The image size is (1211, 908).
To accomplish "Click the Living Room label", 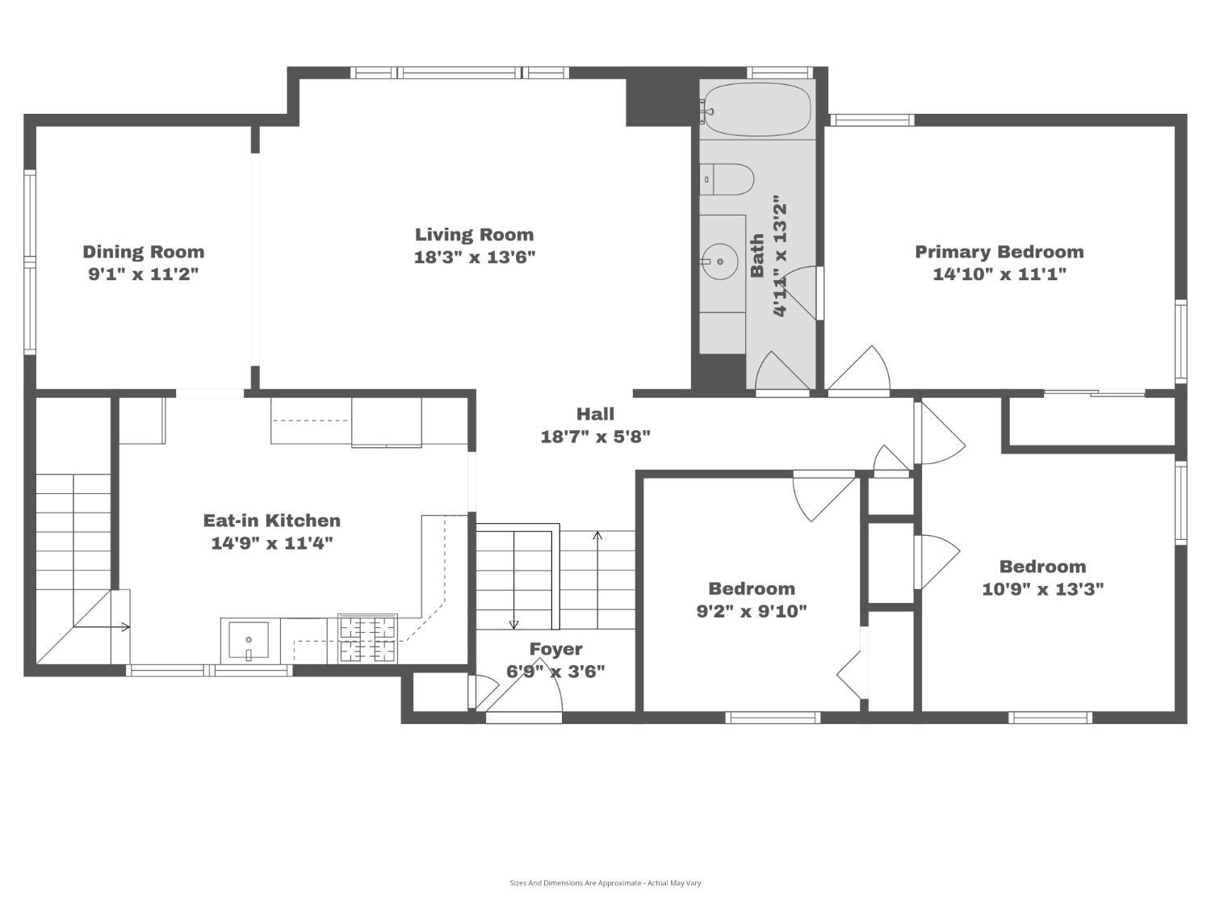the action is [x=474, y=235].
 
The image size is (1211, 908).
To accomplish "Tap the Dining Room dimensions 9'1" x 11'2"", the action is [x=143, y=274].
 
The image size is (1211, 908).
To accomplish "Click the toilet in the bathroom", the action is [x=727, y=179].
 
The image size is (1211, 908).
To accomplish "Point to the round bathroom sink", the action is [x=720, y=262].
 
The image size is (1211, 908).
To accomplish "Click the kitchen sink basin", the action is [x=249, y=640].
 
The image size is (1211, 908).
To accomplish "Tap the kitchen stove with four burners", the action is [x=367, y=639].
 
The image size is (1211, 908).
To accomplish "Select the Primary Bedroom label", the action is [x=999, y=252].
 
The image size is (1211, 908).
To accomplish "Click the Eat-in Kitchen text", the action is [x=271, y=521].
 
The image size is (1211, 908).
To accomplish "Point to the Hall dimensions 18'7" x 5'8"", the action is [x=595, y=437].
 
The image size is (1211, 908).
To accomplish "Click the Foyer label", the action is [x=555, y=649].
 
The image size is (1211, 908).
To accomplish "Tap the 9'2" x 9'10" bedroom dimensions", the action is [x=752, y=612].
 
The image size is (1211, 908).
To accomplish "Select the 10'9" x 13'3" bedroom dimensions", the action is [x=1043, y=589].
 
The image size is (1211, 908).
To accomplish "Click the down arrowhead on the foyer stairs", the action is [x=513, y=625].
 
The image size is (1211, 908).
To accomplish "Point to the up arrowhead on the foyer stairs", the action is [x=597, y=535].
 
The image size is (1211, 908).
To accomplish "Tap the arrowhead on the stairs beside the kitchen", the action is [x=126, y=627].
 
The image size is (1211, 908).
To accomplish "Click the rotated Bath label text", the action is [x=757, y=255].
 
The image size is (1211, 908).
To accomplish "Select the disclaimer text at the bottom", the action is [x=605, y=883].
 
